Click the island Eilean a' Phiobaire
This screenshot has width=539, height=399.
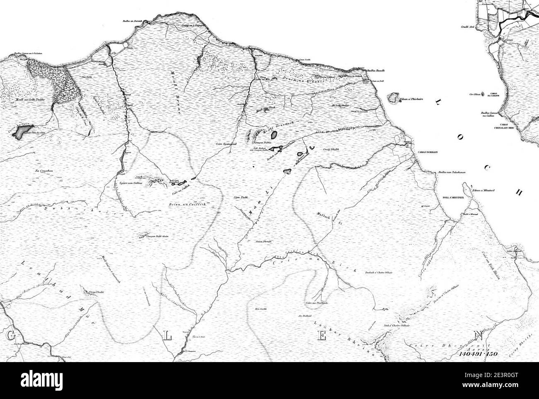391,99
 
